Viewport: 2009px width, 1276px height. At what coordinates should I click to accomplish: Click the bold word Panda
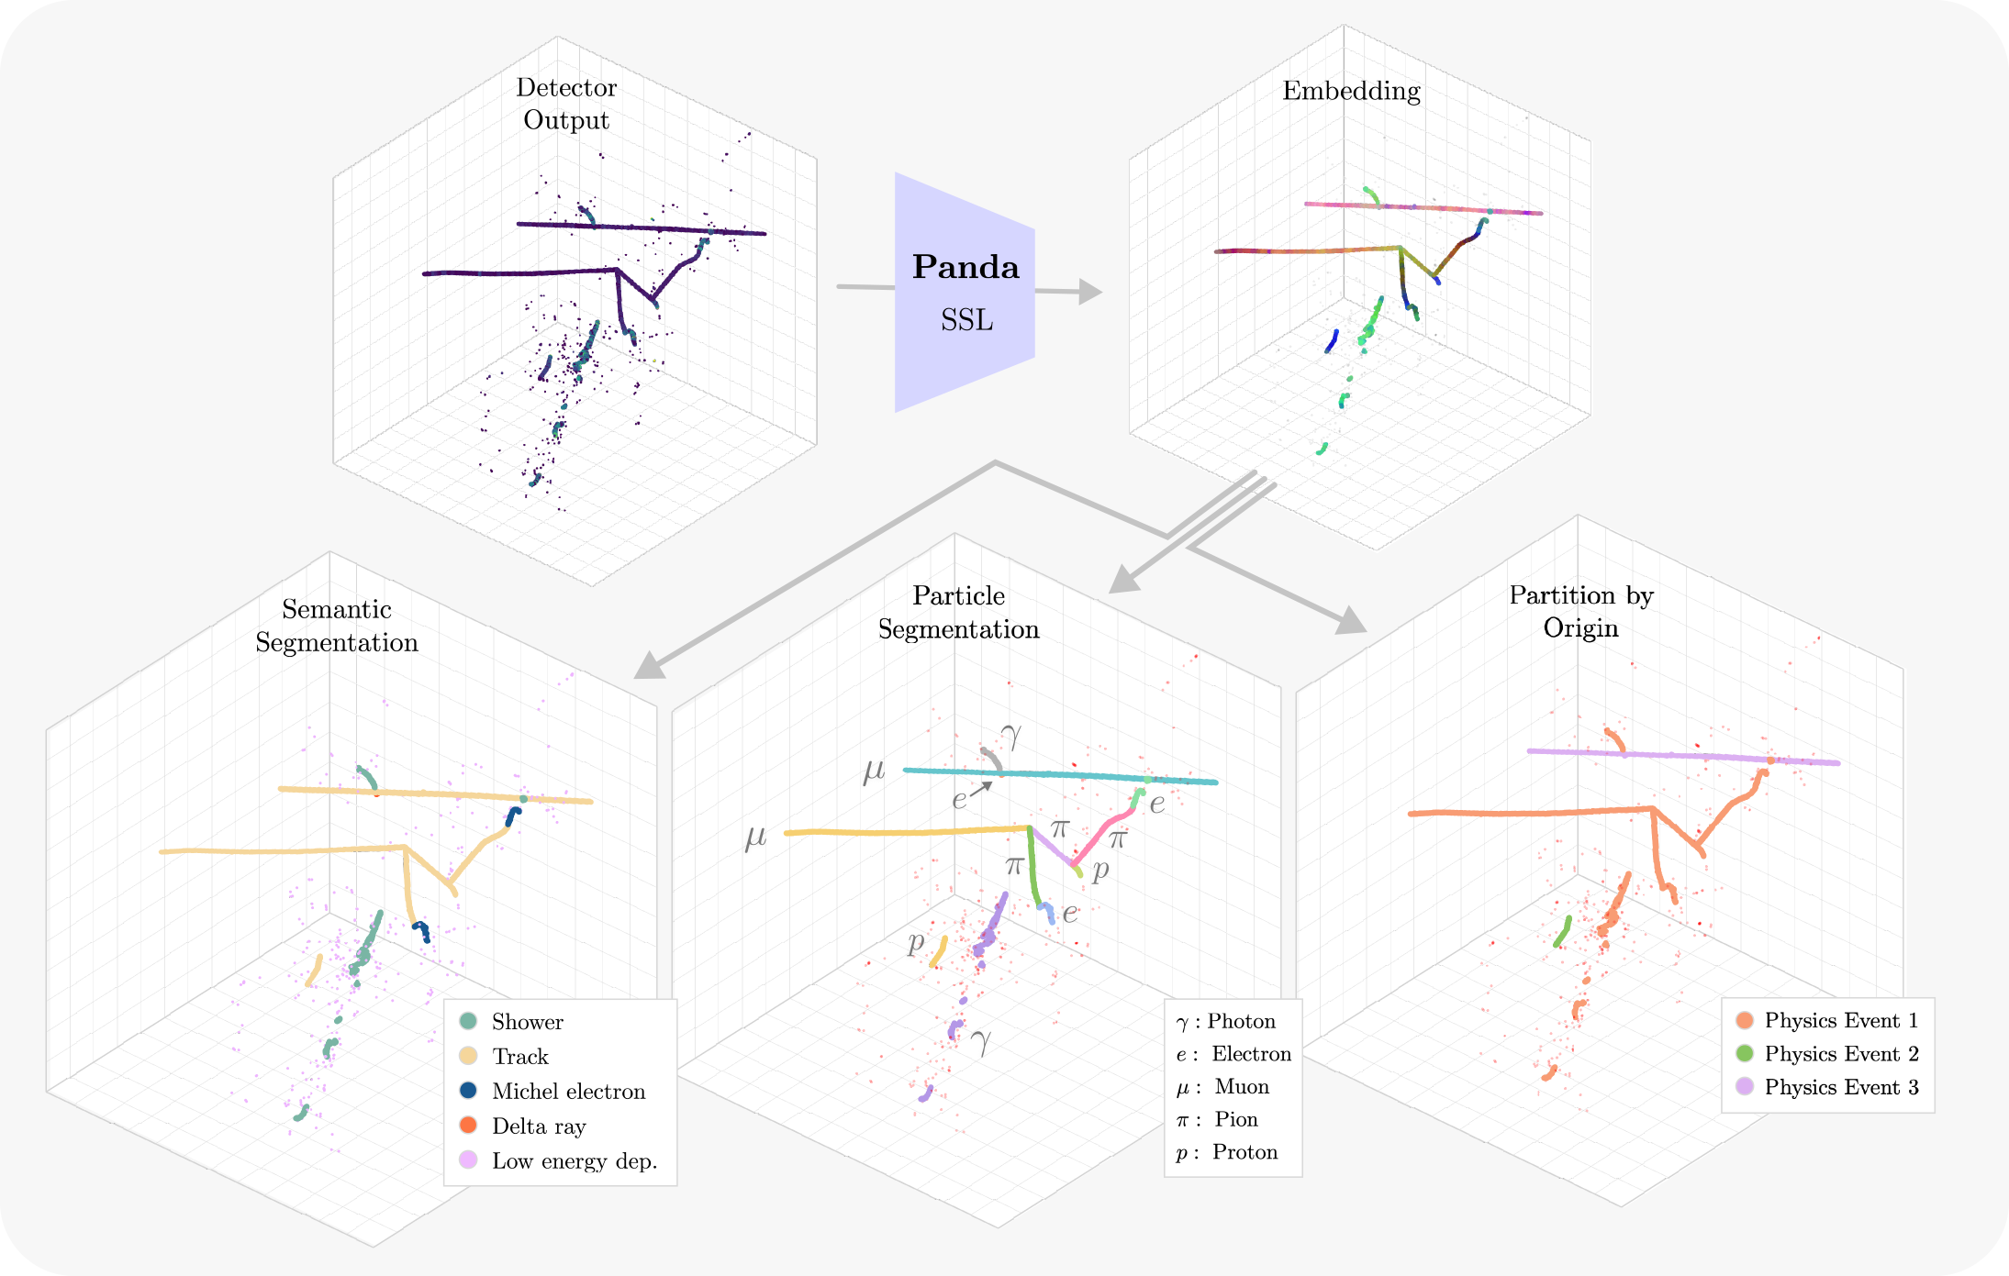click(x=965, y=268)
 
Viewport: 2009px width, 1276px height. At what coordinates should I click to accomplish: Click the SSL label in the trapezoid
click(x=966, y=320)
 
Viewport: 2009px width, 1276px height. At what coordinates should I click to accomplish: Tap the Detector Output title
click(x=566, y=104)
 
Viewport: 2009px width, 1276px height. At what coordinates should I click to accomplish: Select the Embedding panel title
click(x=1351, y=91)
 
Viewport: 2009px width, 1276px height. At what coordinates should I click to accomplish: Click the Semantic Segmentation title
click(x=337, y=626)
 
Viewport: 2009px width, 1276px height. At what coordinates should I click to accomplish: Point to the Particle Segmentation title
click(x=958, y=612)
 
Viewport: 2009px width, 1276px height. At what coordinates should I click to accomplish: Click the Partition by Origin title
click(x=1580, y=611)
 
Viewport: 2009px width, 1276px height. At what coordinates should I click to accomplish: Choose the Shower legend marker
click(x=468, y=1021)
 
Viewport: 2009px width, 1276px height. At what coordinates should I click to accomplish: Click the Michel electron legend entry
click(x=568, y=1091)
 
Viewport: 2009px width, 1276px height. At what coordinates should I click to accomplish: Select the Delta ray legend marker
click(x=468, y=1125)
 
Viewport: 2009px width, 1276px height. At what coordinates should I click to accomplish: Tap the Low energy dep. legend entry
click(x=574, y=1160)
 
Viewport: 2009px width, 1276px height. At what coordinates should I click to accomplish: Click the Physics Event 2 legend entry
click(x=1840, y=1053)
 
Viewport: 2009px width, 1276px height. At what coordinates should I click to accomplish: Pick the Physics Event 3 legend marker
click(x=1745, y=1086)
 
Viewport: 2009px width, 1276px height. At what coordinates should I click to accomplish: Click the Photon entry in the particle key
click(x=1226, y=1021)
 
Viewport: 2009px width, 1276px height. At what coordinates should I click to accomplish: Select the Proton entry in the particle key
click(x=1227, y=1152)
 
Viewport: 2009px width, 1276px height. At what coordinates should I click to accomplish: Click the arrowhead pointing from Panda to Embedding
click(x=1090, y=292)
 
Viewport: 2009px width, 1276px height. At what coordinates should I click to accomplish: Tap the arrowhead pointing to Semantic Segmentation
click(x=649, y=665)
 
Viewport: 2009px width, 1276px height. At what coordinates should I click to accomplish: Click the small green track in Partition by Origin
click(x=1562, y=931)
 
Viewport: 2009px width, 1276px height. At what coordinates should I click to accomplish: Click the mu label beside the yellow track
click(x=755, y=837)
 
